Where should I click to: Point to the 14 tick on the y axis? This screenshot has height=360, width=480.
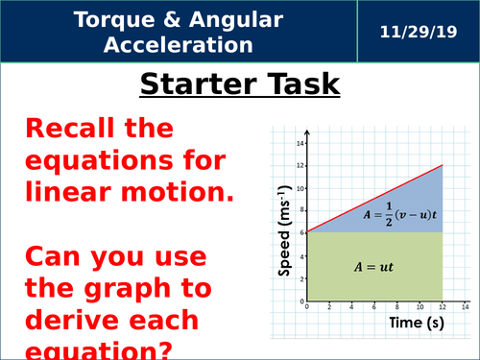click(x=299, y=143)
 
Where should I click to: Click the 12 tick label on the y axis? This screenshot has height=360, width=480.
click(x=299, y=165)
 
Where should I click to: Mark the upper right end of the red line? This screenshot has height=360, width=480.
click(x=443, y=165)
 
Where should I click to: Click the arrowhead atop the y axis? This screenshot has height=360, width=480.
click(x=306, y=133)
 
